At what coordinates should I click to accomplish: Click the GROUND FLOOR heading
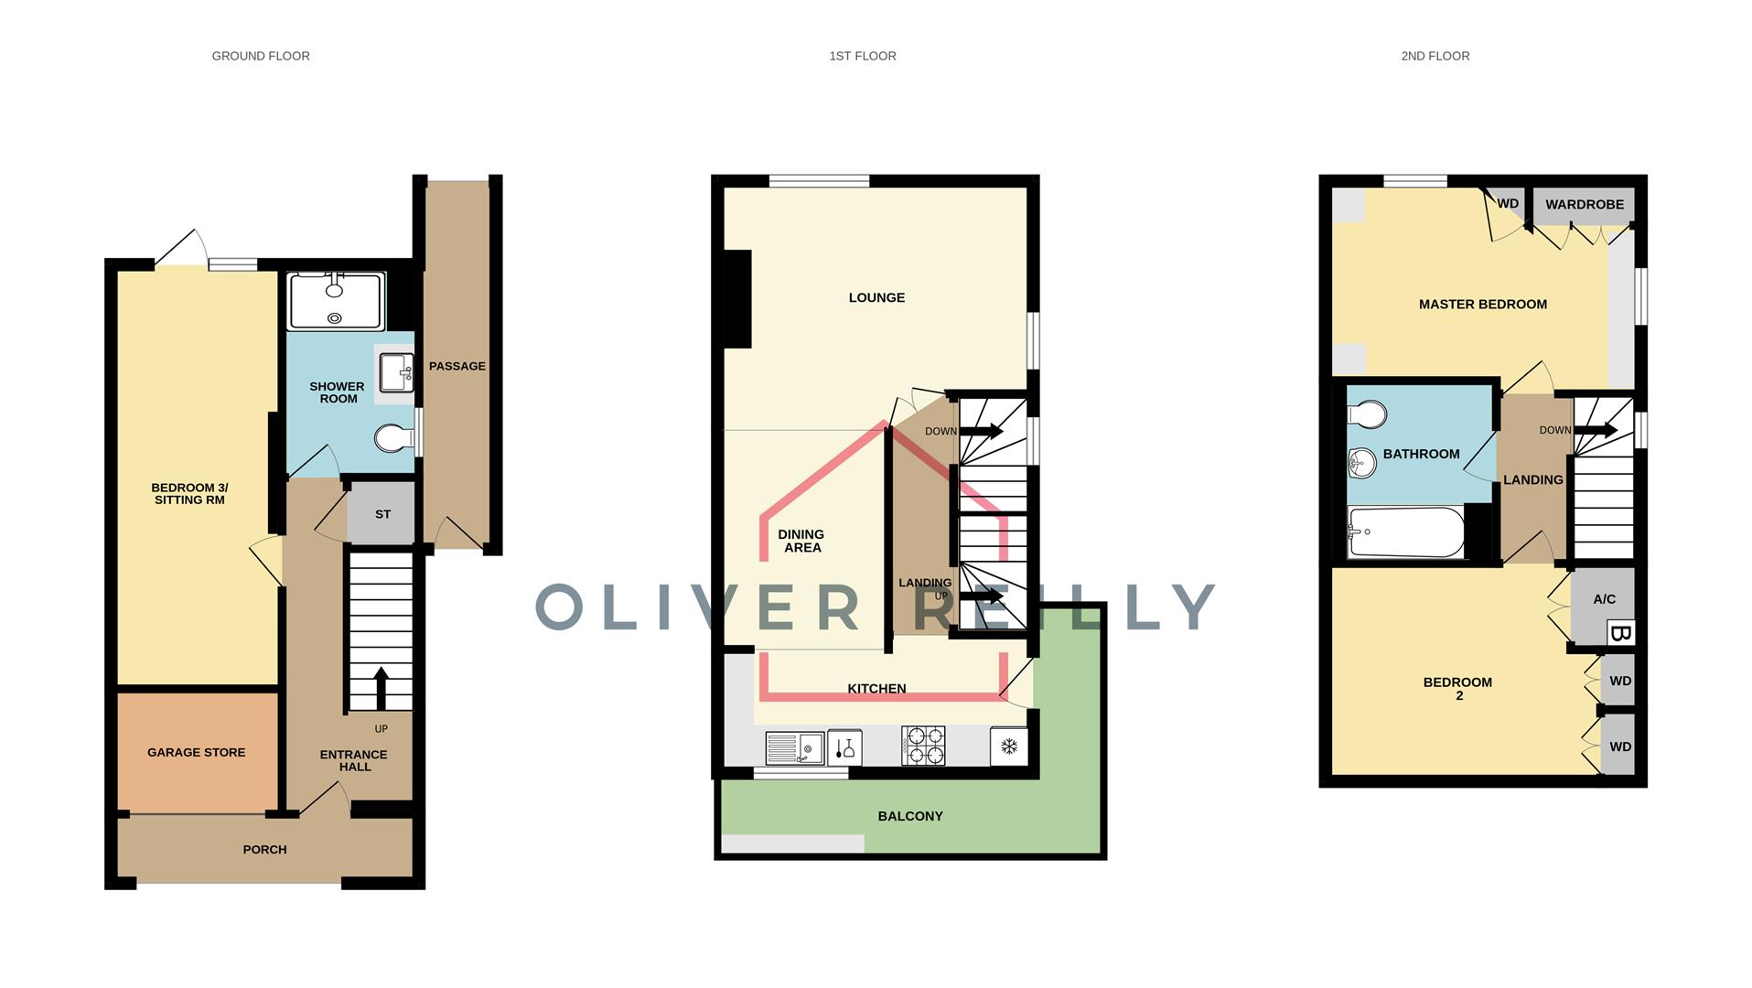(261, 56)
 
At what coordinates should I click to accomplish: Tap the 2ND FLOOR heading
(1435, 56)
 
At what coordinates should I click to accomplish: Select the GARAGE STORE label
(196, 752)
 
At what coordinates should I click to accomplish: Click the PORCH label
(264, 849)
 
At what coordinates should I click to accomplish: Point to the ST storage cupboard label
(382, 514)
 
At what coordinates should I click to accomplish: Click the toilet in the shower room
(393, 438)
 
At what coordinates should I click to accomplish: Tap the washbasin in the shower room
(397, 372)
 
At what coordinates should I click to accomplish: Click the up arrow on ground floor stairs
(381, 688)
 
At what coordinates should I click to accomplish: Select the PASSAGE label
(457, 366)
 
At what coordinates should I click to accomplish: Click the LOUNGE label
(876, 297)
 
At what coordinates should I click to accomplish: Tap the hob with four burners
(923, 746)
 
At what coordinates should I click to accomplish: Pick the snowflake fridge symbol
(1009, 746)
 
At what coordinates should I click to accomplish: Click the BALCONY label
(909, 816)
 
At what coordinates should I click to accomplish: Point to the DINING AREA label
(801, 541)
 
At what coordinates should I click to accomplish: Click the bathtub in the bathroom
(1405, 532)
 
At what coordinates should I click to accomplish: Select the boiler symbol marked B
(1620, 633)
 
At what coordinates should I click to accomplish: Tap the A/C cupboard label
(1604, 599)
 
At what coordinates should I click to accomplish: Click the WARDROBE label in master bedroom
(1584, 204)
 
